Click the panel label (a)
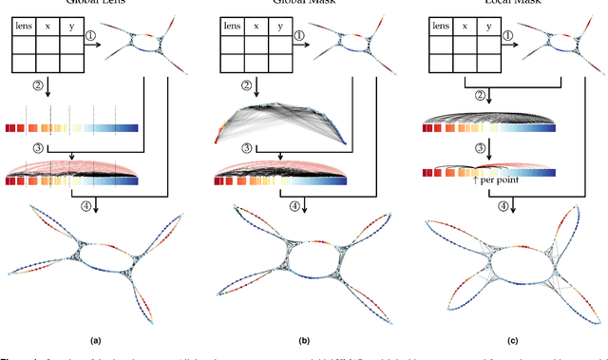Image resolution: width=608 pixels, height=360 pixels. pos(95,337)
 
